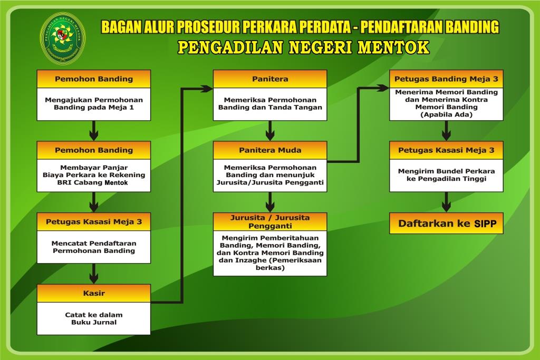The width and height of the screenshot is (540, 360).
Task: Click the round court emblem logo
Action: pyautogui.click(x=65, y=36)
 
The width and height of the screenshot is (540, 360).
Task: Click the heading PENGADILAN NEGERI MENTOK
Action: pyautogui.click(x=303, y=47)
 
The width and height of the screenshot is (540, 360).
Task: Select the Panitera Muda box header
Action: pyautogui.click(x=270, y=150)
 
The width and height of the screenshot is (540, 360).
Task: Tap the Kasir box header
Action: pyautogui.click(x=94, y=293)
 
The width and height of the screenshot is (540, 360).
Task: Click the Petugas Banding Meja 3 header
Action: pyautogui.click(x=446, y=79)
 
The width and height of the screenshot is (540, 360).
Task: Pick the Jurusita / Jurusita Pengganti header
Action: pyautogui.click(x=270, y=221)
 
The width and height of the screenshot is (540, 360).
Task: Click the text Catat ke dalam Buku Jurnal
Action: pyautogui.click(x=94, y=318)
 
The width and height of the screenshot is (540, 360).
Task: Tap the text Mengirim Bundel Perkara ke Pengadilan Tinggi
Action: pyautogui.click(x=446, y=175)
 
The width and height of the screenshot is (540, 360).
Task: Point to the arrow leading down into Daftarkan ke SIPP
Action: pyautogui.click(x=447, y=202)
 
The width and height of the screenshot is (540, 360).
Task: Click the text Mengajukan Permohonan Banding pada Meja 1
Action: pyautogui.click(x=94, y=103)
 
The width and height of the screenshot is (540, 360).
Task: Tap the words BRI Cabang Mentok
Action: pyautogui.click(x=94, y=182)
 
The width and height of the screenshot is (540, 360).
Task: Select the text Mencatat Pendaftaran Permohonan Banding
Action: pyautogui.click(x=94, y=247)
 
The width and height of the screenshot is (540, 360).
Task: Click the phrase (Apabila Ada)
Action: pyautogui.click(x=446, y=114)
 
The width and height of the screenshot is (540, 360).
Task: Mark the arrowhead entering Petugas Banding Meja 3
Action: pyautogui.click(x=385, y=89)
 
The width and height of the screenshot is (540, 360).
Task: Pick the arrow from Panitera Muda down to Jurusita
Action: pyautogui.click(x=270, y=202)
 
